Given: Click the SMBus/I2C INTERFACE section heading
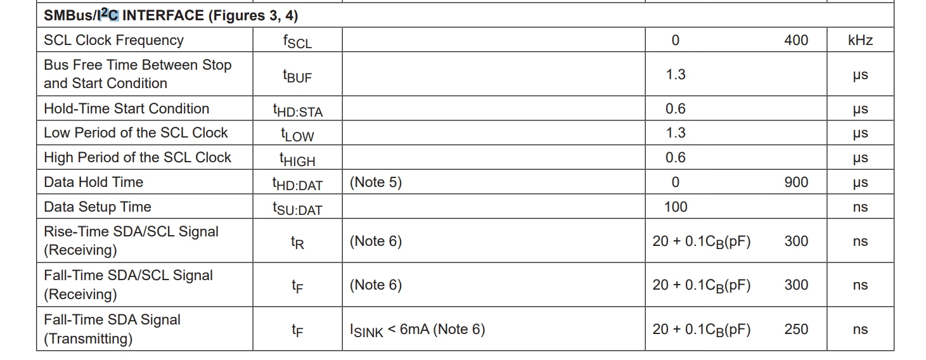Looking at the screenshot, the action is pyautogui.click(x=170, y=15).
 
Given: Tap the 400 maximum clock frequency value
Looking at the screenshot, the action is pyautogui.click(x=796, y=40).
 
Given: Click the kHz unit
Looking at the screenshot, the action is pyautogui.click(x=860, y=40).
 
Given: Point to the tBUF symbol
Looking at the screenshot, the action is pyautogui.click(x=297, y=75).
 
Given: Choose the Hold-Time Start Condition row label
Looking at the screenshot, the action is pyautogui.click(x=127, y=108).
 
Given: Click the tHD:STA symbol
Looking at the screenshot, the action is pyautogui.click(x=298, y=110).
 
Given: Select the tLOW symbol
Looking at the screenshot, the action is pyautogui.click(x=297, y=134).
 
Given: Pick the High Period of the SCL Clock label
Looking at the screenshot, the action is pyautogui.click(x=138, y=157).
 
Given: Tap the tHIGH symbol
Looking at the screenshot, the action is pyautogui.click(x=297, y=159).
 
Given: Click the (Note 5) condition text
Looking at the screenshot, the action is pyautogui.click(x=375, y=183).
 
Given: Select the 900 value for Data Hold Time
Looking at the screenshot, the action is pyautogui.click(x=796, y=183).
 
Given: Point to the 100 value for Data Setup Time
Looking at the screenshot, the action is pyautogui.click(x=676, y=207).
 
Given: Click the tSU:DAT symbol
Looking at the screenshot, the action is pyautogui.click(x=297, y=209).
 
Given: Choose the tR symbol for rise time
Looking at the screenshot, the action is pyautogui.click(x=297, y=242).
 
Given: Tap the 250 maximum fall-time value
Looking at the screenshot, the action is pyautogui.click(x=796, y=329).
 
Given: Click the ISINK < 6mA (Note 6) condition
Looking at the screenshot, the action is pyautogui.click(x=417, y=330).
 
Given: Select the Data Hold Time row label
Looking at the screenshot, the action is pyautogui.click(x=93, y=182).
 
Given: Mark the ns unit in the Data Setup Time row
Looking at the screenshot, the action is pyautogui.click(x=860, y=207).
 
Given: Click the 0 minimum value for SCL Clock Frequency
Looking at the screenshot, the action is pyautogui.click(x=676, y=40).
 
